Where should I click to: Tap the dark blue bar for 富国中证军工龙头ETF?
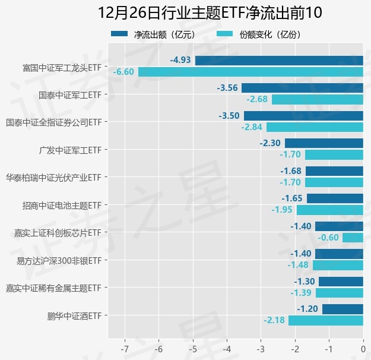[x=279, y=60]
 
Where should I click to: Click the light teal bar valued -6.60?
[x=250, y=72]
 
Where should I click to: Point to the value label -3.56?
[x=228, y=88]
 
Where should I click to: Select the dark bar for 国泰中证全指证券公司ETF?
[x=303, y=115]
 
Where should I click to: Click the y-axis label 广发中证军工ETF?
[x=69, y=149]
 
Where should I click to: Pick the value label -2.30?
[x=270, y=143]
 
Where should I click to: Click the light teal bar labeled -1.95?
[x=329, y=210]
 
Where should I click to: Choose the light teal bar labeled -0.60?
[x=353, y=238]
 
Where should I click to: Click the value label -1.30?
[x=304, y=282]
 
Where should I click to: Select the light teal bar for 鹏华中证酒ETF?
[x=326, y=320]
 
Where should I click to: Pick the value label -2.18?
[x=274, y=320]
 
